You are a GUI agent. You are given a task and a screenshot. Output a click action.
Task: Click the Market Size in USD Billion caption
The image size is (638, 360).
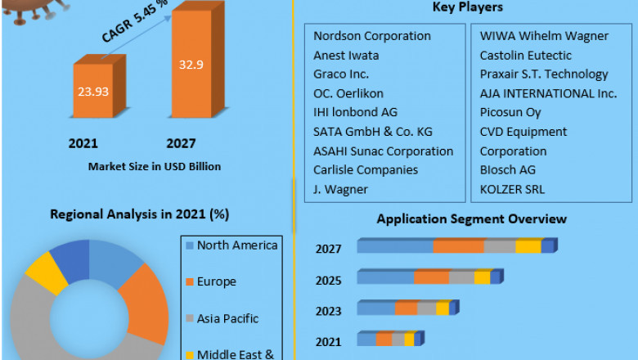click(155, 166)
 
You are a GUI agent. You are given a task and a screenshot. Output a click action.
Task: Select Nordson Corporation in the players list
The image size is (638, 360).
click(372, 36)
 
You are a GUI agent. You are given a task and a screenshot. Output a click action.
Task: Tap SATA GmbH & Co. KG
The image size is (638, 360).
click(373, 132)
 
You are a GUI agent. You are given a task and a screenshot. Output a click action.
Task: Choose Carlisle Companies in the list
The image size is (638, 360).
click(366, 169)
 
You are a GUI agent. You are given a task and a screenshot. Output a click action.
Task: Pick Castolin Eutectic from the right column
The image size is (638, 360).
click(525, 56)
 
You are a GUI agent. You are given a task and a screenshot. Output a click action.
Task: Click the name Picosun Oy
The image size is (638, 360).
click(512, 113)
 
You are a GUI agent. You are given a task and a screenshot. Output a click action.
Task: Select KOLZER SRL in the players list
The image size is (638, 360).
click(512, 189)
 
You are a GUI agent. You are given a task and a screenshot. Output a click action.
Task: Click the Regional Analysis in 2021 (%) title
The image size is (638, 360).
click(139, 215)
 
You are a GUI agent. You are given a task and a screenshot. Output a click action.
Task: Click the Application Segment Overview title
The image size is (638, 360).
click(471, 218)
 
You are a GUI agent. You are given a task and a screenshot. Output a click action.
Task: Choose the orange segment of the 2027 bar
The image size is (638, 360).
click(457, 246)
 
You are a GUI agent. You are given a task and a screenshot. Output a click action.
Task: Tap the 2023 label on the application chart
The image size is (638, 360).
click(330, 310)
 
